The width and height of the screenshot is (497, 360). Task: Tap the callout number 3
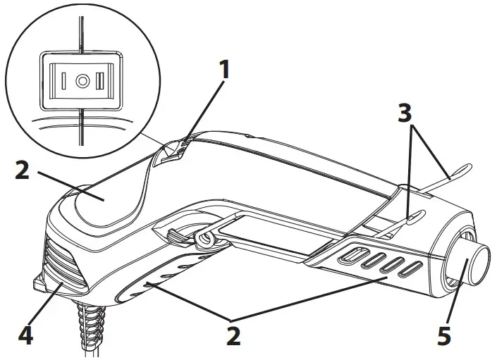(405, 113)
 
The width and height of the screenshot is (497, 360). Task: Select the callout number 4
(25, 335)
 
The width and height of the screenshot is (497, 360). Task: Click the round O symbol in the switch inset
(82, 81)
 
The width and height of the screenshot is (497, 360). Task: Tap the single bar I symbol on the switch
(63, 81)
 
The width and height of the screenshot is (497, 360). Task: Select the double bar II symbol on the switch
(101, 81)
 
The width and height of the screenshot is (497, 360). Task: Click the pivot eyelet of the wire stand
(205, 238)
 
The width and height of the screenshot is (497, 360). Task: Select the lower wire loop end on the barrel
(415, 217)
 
